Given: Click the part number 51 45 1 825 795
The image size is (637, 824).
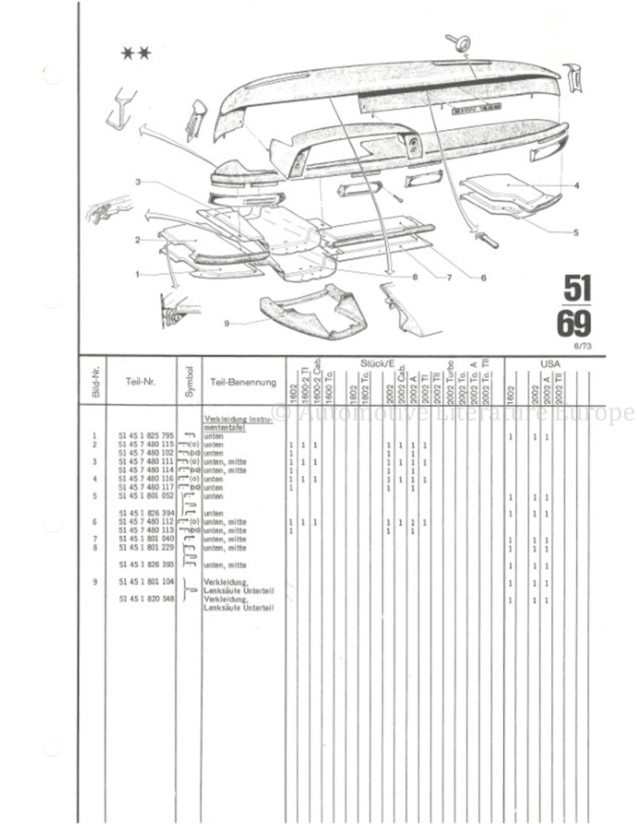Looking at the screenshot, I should click(146, 436).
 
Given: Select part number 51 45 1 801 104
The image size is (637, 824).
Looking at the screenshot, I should click(146, 582).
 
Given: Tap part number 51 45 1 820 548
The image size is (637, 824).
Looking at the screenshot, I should click(146, 600).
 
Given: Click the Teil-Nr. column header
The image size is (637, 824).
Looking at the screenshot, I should click(141, 382).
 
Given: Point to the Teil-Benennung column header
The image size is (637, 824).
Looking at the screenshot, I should click(243, 382).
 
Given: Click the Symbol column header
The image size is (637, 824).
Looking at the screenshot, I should click(189, 381).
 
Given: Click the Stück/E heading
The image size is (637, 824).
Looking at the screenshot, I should click(377, 364).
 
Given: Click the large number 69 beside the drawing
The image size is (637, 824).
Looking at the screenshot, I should click(574, 325).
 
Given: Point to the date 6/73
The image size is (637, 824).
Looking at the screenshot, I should click(581, 347).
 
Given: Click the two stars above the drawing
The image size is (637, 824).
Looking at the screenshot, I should click(136, 54).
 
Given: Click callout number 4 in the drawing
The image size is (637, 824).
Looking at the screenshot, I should click(576, 186).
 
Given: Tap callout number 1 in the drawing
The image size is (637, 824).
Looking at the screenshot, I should click(138, 274).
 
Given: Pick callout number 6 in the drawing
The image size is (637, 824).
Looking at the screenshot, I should click(483, 278).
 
